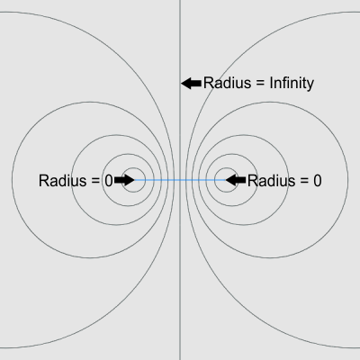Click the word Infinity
pyautogui.click(x=292, y=84)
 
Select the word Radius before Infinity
pyautogui.click(x=227, y=83)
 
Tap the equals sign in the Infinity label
pyautogui.click(x=260, y=84)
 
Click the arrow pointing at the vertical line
pyautogui.click(x=191, y=84)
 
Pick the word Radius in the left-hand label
pyautogui.click(x=62, y=181)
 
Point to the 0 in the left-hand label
pyautogui.click(x=109, y=181)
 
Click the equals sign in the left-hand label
pyautogui.click(x=95, y=181)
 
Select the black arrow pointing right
pyautogui.click(x=124, y=180)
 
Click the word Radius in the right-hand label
pyautogui.click(x=271, y=181)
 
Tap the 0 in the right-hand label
pyautogui.click(x=318, y=181)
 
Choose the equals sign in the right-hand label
pyautogui.click(x=304, y=181)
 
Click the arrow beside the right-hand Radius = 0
pyautogui.click(x=236, y=180)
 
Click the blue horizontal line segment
pyautogui.click(x=180, y=180)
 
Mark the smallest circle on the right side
pyautogui.click(x=214, y=180)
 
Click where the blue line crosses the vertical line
pyautogui.click(x=180, y=180)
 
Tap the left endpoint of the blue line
pyautogui.click(x=134, y=180)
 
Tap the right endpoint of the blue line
pyautogui.click(x=226, y=180)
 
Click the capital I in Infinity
pyautogui.click(x=271, y=83)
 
